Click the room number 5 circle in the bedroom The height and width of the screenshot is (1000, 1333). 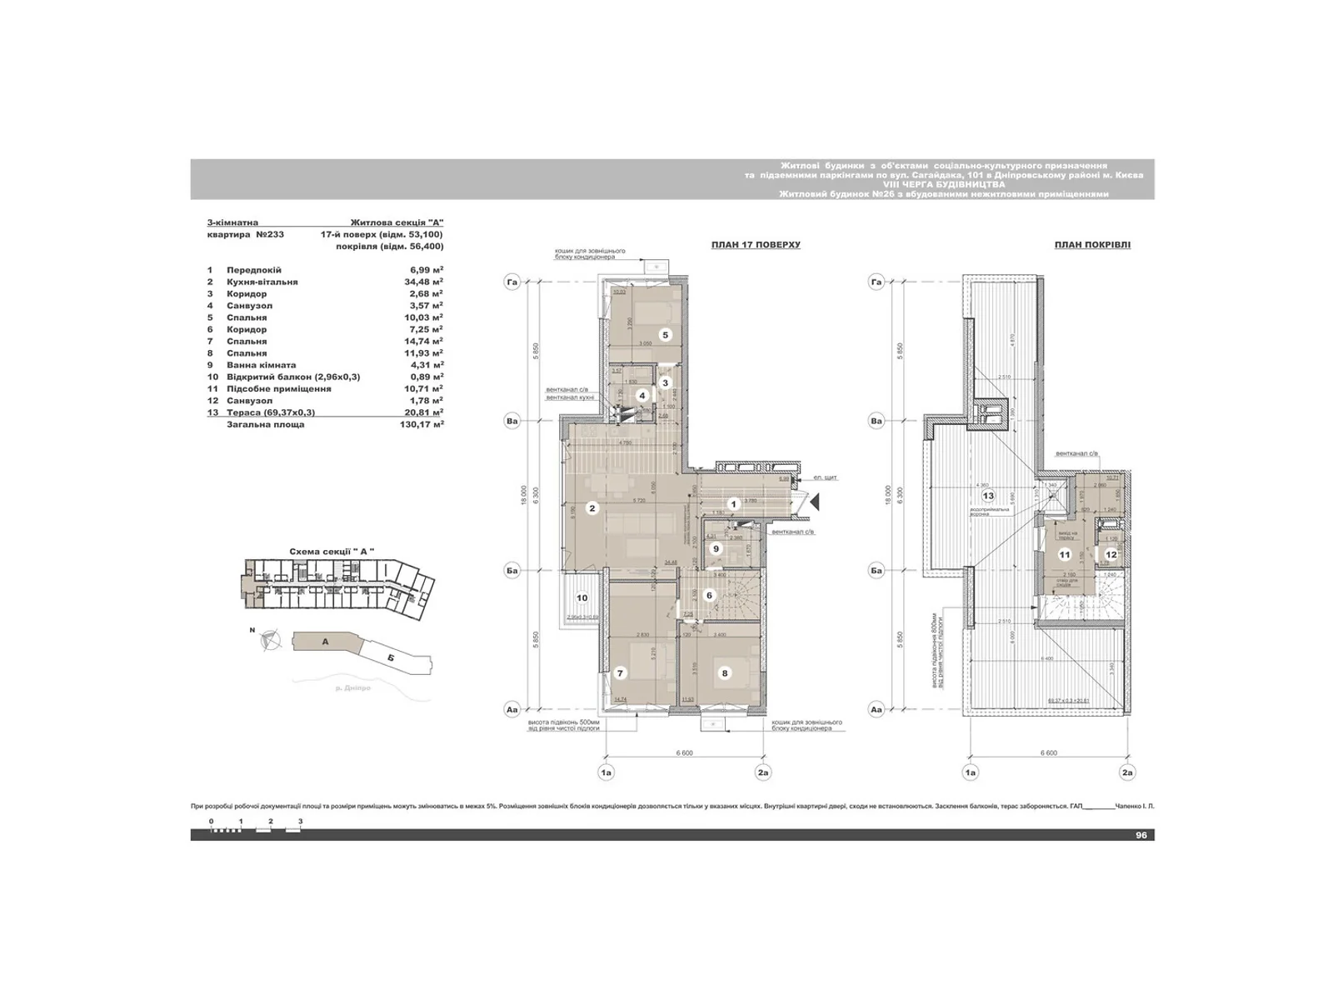point(665,335)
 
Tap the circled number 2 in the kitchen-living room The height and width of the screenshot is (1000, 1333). point(592,508)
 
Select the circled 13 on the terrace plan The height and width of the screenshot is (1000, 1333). point(988,497)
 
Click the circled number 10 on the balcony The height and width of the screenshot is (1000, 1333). point(582,597)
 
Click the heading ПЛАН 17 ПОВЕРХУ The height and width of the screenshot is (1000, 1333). point(755,245)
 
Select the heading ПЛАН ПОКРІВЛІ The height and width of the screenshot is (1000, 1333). point(1092,245)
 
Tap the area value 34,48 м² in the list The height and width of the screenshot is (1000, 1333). point(422,282)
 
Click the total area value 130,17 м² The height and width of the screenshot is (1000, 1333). point(422,424)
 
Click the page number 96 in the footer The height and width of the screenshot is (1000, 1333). point(1141,835)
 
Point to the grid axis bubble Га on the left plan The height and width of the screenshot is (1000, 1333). point(512,283)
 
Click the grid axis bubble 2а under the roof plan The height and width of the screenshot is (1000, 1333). point(1127,772)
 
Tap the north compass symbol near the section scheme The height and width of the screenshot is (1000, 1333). point(270,641)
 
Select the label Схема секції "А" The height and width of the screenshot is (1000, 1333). point(332,552)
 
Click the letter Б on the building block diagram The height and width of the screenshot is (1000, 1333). point(391,657)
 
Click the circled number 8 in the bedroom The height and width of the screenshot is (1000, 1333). point(725,673)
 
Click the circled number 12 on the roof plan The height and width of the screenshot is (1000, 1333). point(1111,554)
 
